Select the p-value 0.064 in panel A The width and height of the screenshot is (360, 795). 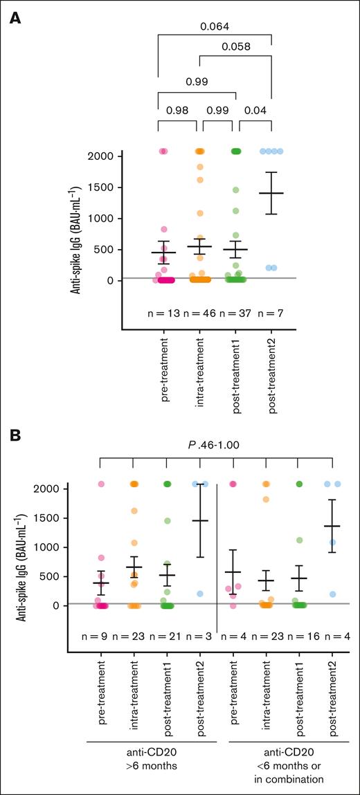215,28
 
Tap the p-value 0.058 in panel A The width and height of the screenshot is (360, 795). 235,47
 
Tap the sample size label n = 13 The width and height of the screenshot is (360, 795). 165,313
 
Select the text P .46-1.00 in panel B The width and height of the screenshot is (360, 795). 217,446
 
